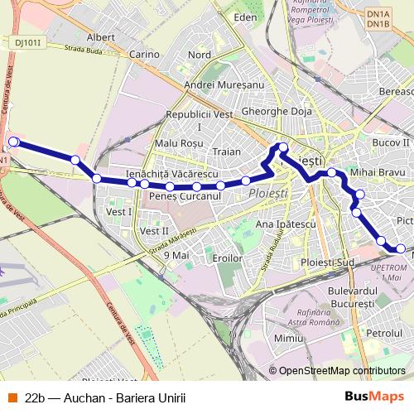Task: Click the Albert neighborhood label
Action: tap(100, 37)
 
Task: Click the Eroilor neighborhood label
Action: tap(226, 258)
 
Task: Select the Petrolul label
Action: tap(383, 332)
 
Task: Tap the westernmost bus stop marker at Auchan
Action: tap(13, 142)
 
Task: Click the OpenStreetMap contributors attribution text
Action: tap(341, 371)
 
